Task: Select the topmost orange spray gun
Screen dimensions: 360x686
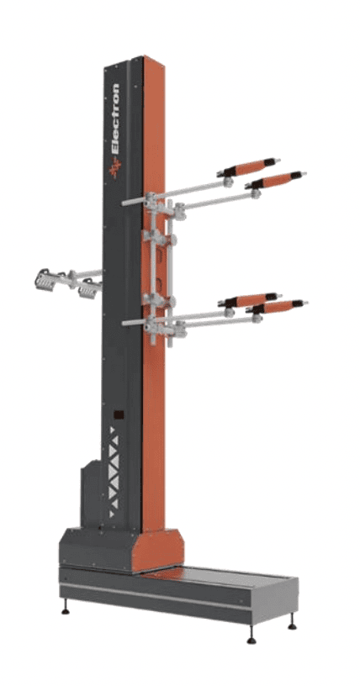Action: [x=248, y=167]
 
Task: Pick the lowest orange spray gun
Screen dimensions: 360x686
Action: [x=277, y=307]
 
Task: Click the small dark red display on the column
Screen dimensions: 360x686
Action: [x=119, y=414]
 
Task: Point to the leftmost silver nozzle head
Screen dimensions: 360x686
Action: [x=45, y=279]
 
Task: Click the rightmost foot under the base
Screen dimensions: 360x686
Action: [x=292, y=624]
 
